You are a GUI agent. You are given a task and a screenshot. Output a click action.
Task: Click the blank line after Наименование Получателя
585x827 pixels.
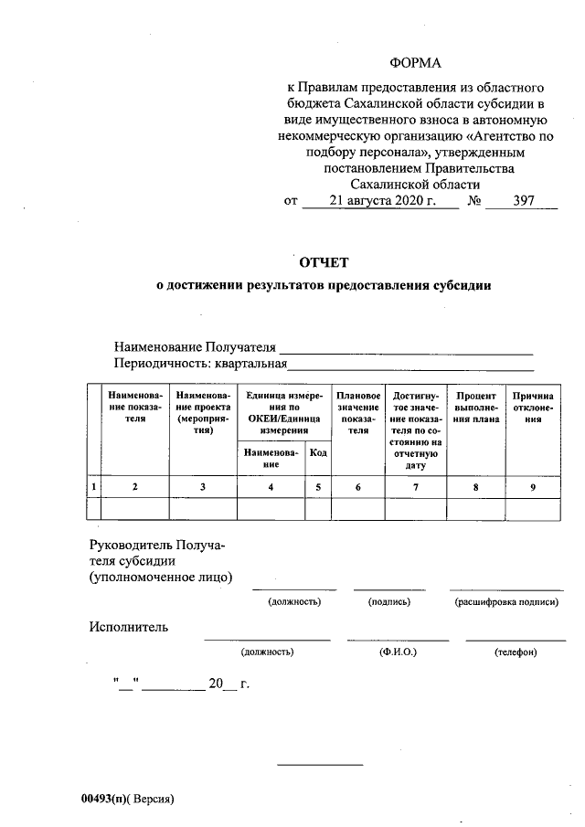point(406,347)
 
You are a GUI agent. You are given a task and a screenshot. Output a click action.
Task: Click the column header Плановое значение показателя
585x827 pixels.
point(358,413)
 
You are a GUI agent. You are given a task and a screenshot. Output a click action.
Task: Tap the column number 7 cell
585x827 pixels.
point(416,487)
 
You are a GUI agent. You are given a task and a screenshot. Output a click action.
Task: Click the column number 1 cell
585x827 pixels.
point(93,487)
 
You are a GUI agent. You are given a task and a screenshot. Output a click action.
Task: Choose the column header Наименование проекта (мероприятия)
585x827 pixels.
point(203,413)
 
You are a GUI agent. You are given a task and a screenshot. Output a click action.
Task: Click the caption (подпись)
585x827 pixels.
point(389,602)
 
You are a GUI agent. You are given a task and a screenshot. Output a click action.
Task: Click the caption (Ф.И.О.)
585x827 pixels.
point(398,652)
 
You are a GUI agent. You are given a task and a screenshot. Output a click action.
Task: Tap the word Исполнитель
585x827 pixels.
point(129,627)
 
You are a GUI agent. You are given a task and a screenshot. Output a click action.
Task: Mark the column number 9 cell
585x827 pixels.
point(533,487)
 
